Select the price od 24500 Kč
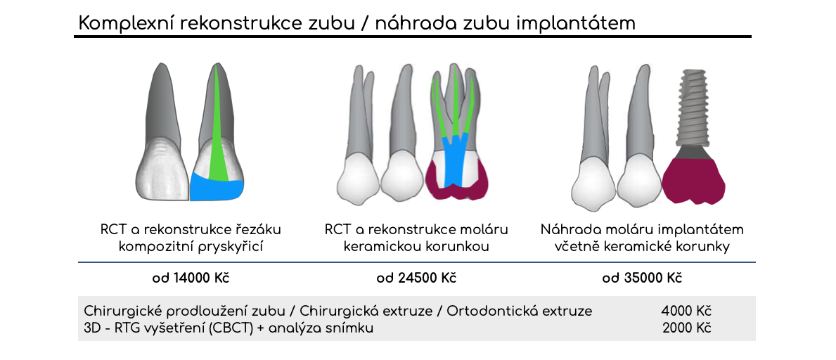416,278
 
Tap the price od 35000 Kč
642,278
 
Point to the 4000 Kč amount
686,311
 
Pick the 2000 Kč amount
687,328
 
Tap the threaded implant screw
695,109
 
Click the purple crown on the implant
693,181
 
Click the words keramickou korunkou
416,247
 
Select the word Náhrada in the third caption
566,231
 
